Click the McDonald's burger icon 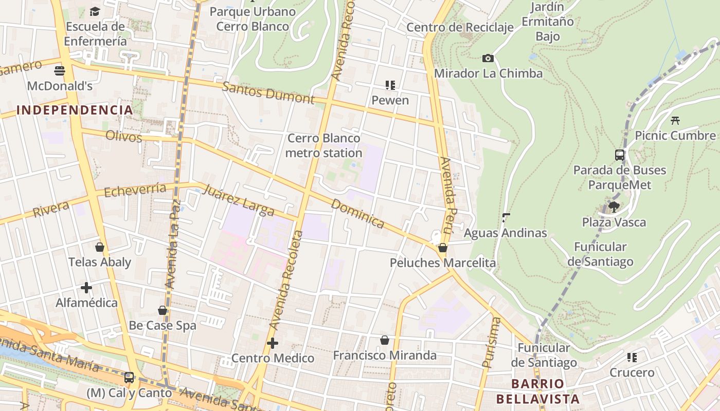[x=60, y=70]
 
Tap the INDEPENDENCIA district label [x=75, y=110]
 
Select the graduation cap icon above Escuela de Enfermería [x=95, y=11]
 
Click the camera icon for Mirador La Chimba [x=488, y=59]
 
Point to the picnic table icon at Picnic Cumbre [x=675, y=121]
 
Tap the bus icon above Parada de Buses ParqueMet [x=620, y=155]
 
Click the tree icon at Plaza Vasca [x=614, y=207]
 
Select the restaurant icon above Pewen [x=390, y=85]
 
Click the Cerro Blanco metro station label [x=324, y=145]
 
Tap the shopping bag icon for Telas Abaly [x=100, y=247]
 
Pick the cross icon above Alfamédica [x=86, y=288]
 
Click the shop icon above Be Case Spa [x=163, y=310]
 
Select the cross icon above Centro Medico [x=273, y=343]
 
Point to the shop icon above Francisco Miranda [x=384, y=340]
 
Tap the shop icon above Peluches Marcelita [x=442, y=248]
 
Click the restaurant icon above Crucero [x=632, y=358]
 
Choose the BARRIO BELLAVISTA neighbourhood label [x=538, y=391]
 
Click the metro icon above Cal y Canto [x=129, y=378]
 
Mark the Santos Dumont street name [x=268, y=93]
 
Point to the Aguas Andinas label [x=505, y=233]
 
